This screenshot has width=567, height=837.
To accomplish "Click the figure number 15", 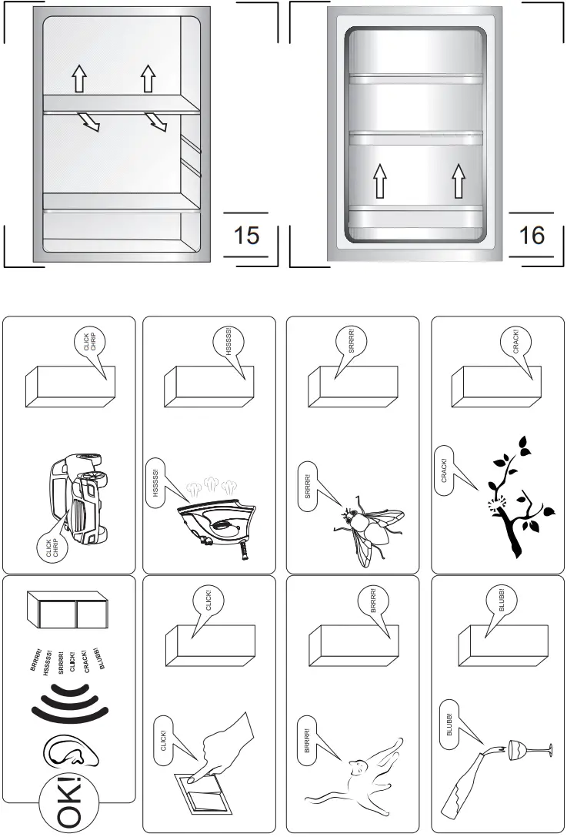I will coord(246,235).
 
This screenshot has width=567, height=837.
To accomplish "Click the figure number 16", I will coord(532,235).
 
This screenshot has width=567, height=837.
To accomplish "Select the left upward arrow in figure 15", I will coord(79,78).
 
